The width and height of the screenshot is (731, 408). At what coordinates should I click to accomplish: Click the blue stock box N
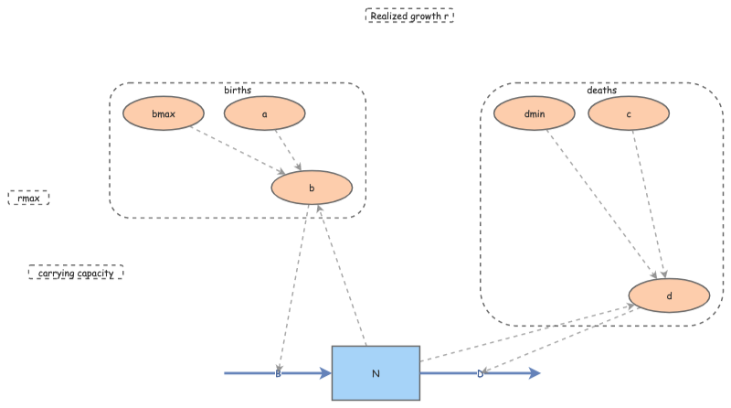pyautogui.click(x=376, y=373)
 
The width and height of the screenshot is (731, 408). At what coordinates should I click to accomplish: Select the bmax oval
pyautogui.click(x=164, y=114)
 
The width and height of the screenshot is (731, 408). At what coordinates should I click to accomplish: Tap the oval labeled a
pyautogui.click(x=264, y=114)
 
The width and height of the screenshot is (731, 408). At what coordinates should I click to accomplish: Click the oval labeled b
pyautogui.click(x=312, y=188)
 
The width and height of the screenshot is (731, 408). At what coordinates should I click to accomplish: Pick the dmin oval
pyautogui.click(x=534, y=114)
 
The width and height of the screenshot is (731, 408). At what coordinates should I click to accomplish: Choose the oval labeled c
pyautogui.click(x=629, y=114)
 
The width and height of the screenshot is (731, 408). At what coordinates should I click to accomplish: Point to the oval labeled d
pyautogui.click(x=669, y=296)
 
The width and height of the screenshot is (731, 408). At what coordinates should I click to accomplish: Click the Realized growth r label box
pyautogui.click(x=409, y=16)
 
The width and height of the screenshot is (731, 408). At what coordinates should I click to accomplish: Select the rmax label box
pyautogui.click(x=28, y=198)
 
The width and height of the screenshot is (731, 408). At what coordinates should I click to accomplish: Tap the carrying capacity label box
pyautogui.click(x=76, y=272)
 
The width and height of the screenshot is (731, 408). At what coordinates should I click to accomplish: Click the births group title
pyautogui.click(x=238, y=90)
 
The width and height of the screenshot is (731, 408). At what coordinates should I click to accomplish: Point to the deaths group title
pyautogui.click(x=601, y=90)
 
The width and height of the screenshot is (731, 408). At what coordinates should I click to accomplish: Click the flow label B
pyautogui.click(x=278, y=373)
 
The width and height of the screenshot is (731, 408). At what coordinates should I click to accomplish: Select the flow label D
pyautogui.click(x=481, y=373)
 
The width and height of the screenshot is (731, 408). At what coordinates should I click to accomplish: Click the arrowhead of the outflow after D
pyautogui.click(x=535, y=373)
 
